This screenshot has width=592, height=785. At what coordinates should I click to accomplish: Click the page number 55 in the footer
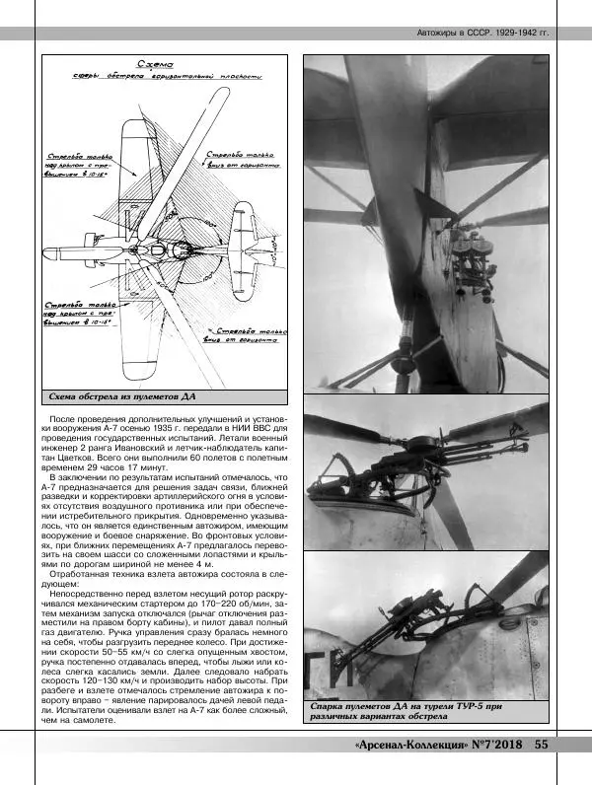tap(542, 745)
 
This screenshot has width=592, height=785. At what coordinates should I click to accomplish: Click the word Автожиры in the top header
tap(438, 33)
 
